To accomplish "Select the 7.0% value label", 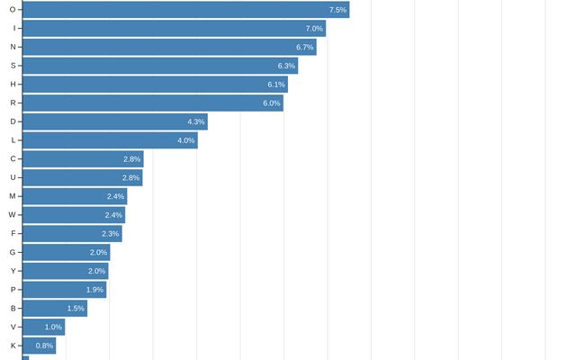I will click(314, 29).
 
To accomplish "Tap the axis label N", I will click(12, 47).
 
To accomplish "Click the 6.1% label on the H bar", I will click(276, 85).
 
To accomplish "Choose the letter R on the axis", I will click(12, 103).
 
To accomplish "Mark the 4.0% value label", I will click(186, 140).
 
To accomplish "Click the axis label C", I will click(12, 159).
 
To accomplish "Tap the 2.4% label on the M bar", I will click(115, 196).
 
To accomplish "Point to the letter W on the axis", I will click(12, 215).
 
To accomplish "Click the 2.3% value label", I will click(111, 234).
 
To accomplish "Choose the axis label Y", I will click(12, 271).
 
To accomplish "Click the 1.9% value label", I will click(95, 290).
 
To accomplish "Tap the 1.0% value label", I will click(54, 328).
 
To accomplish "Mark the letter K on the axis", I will click(12, 346).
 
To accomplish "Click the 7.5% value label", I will click(338, 10).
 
